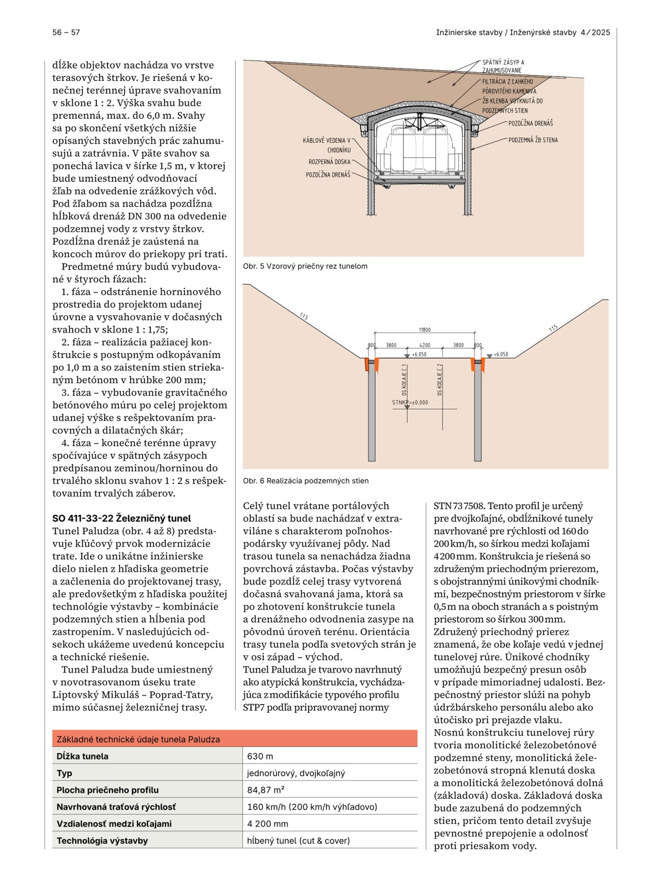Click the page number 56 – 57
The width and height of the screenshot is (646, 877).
coord(66,33)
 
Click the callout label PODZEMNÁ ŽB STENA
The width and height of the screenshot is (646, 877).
coord(533,140)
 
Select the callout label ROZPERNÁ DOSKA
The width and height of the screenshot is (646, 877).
coord(329,162)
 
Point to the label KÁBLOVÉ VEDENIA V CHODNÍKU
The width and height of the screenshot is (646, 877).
coord(327,145)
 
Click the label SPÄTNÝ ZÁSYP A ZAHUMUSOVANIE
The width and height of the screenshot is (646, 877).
coord(503,66)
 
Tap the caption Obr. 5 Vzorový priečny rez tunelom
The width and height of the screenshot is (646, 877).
coord(305,267)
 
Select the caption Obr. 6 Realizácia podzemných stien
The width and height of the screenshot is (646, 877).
coord(306,481)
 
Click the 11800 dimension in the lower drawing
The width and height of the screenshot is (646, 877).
coord(425,330)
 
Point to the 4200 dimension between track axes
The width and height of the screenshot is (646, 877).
coord(425,345)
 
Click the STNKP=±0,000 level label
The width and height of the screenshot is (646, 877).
coord(410,402)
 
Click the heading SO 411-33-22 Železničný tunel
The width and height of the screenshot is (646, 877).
coord(122,518)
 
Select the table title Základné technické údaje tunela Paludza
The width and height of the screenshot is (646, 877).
coord(138,740)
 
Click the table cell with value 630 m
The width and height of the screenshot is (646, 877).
coord(260,757)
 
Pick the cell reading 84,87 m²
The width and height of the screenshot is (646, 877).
coord(266,790)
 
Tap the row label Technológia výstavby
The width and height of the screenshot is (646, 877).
coord(102,841)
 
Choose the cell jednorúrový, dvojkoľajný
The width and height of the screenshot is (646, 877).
coord(296,773)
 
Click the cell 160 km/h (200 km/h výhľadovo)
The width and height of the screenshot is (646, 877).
coord(312,807)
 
